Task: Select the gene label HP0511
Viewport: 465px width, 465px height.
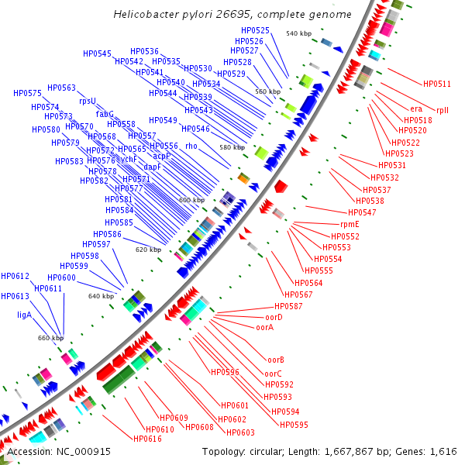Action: point(436,84)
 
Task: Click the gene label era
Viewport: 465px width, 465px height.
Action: point(416,109)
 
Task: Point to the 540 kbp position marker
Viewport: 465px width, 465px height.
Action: point(298,33)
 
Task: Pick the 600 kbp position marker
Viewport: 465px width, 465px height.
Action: point(191,200)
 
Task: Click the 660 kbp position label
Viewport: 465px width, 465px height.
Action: point(50,338)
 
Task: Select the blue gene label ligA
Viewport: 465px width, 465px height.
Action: point(24,315)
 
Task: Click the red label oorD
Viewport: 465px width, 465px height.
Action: point(274,317)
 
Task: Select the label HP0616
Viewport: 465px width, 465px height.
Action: point(147,439)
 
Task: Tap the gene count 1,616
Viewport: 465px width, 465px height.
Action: point(443,452)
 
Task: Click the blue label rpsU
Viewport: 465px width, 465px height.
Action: point(87,101)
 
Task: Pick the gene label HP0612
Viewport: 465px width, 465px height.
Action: point(15,276)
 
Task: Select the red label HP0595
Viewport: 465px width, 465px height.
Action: point(294,425)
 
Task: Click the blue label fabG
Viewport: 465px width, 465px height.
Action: point(105,114)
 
